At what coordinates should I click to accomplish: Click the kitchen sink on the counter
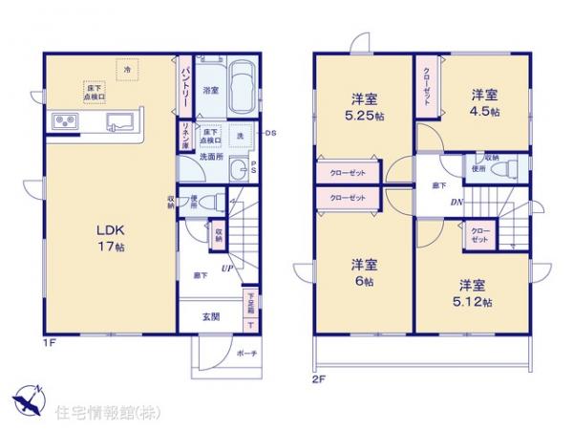[x=118, y=121]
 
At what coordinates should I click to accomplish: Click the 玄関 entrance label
[x=211, y=315]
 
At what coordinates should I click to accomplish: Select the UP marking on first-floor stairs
[x=227, y=269]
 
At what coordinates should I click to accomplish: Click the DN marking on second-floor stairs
[x=456, y=202]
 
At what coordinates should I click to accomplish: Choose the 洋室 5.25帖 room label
[x=363, y=104]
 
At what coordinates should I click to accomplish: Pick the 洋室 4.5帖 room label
[x=484, y=102]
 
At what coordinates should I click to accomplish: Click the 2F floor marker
[x=319, y=376]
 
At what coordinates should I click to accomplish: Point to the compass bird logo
[x=28, y=398]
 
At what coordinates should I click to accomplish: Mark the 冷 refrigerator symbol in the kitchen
[x=125, y=69]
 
